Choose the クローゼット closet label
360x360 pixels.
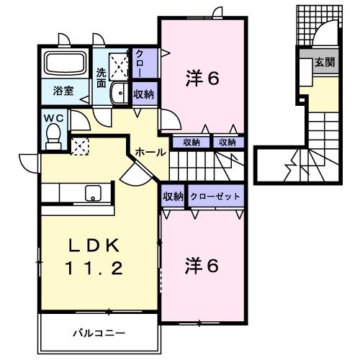216,196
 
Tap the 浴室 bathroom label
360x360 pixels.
63,91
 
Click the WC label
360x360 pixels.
54,117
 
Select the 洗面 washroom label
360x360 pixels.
102,77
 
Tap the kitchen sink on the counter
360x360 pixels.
93,192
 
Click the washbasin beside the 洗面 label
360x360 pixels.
120,92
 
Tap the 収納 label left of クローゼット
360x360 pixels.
172,196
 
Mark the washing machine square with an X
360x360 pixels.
117,66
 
